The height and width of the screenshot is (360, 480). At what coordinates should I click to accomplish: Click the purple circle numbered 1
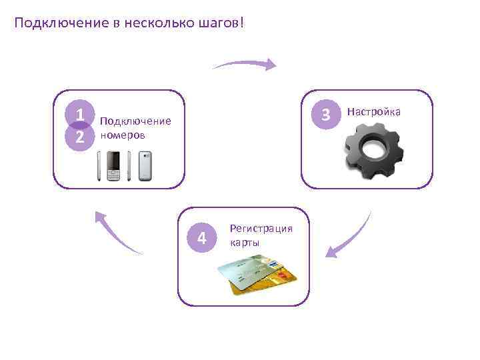[79, 115]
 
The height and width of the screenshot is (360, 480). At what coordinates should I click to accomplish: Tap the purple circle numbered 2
[79, 137]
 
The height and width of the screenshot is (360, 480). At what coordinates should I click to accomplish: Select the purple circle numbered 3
[325, 115]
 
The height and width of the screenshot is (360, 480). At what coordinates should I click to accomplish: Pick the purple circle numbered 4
[203, 237]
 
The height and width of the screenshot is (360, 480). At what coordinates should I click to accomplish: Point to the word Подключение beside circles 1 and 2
[135, 121]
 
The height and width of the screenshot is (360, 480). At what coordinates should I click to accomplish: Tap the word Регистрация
[261, 229]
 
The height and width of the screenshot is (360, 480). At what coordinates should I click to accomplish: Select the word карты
[245, 242]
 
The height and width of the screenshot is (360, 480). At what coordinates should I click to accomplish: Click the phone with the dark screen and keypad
[113, 166]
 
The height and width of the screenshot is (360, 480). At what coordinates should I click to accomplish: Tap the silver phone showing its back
[145, 166]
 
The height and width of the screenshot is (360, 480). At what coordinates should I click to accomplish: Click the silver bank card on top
[247, 273]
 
